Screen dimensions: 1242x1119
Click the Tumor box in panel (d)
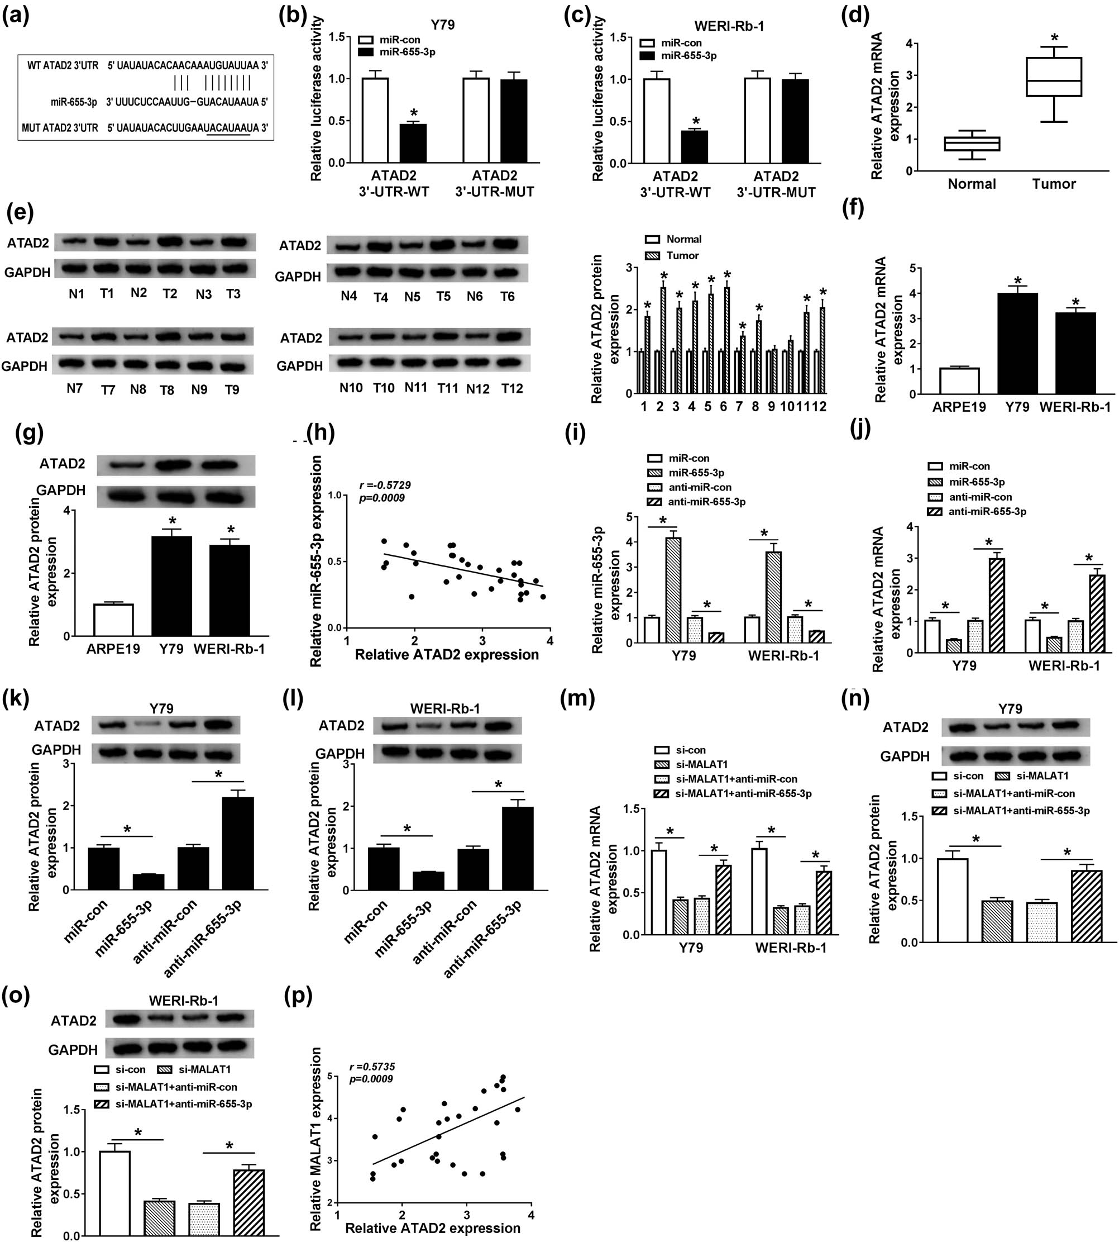coord(1054,77)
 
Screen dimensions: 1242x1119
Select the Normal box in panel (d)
coord(972,144)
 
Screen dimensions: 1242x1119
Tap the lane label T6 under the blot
coord(506,297)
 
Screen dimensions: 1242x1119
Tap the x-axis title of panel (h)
coord(447,655)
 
